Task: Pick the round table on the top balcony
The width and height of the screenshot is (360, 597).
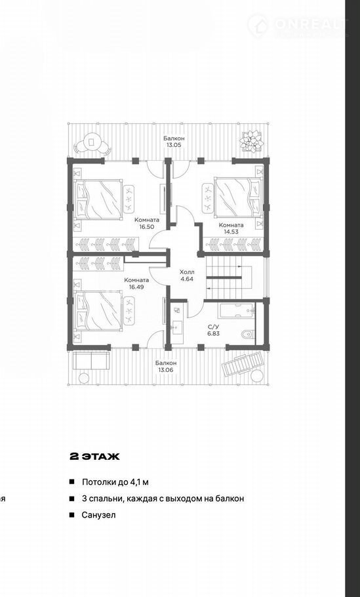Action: (92, 142)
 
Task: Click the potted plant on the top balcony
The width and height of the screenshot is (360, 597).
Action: (251, 142)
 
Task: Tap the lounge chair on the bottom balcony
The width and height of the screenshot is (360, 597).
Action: (243, 363)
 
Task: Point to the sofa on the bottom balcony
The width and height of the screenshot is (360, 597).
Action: (91, 361)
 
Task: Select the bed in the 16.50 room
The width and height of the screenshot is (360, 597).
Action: (98, 199)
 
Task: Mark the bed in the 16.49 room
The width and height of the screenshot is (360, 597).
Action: (98, 311)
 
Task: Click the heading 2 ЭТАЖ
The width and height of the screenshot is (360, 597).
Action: (95, 457)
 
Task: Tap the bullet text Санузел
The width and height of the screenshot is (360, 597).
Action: (98, 515)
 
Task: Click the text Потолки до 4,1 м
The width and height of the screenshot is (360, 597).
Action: (115, 482)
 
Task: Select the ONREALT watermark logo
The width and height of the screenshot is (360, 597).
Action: (298, 25)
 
